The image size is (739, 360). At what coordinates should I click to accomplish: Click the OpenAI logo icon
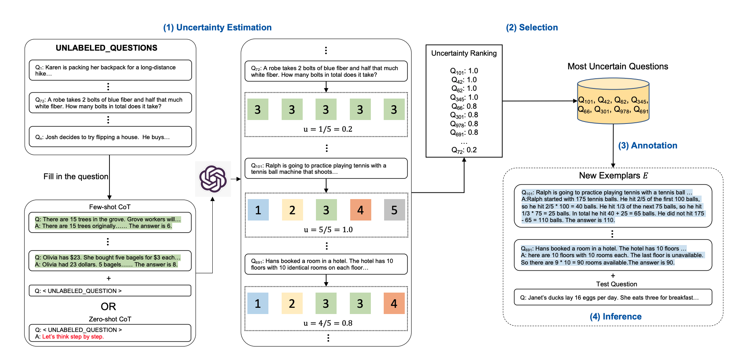(x=213, y=179)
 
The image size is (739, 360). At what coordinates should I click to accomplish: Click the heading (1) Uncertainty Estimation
(x=217, y=28)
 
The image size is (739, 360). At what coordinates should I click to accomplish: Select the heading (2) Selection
(x=532, y=28)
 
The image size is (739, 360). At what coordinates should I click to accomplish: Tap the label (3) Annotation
(x=647, y=146)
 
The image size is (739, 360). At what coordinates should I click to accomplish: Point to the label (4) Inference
(x=616, y=317)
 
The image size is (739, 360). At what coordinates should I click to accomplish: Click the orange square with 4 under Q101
(x=360, y=210)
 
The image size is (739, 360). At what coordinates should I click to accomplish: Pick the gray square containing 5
(x=394, y=210)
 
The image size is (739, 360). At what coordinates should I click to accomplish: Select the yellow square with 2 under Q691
(x=292, y=304)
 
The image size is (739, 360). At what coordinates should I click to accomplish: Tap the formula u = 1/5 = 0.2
(x=328, y=129)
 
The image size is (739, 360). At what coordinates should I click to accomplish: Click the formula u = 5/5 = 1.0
(x=328, y=230)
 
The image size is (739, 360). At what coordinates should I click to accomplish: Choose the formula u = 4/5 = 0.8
(x=328, y=323)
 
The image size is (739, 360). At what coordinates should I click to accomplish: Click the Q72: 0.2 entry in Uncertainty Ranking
(x=464, y=150)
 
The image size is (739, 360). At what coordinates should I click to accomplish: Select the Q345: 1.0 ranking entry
(x=464, y=98)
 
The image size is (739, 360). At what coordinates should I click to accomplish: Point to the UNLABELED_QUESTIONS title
(x=106, y=48)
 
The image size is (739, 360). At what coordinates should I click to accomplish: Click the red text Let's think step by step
(x=73, y=337)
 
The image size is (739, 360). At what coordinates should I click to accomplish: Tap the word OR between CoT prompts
(x=108, y=307)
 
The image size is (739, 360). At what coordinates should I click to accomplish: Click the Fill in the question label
(x=76, y=176)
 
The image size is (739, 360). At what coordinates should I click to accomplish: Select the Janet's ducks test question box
(x=613, y=297)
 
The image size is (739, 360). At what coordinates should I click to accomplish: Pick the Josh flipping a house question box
(x=110, y=137)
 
